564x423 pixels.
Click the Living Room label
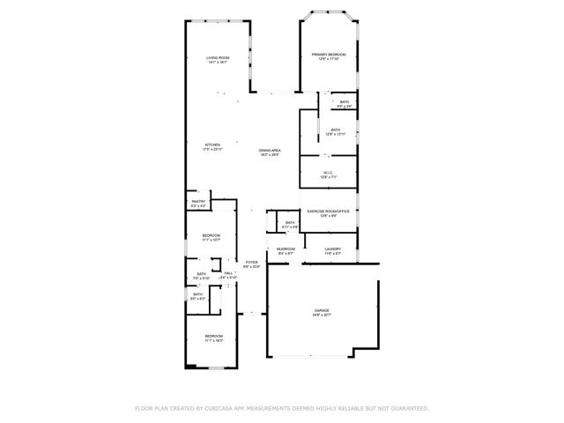[218, 58]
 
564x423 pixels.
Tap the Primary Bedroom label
[329, 55]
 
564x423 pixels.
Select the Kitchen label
[212, 145]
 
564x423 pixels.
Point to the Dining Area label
[270, 151]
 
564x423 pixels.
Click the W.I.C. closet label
[329, 172]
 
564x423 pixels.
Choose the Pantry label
[198, 202]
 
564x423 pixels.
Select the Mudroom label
[285, 249]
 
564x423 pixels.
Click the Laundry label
[332, 249]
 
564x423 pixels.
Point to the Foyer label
[252, 262]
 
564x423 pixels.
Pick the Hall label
[228, 273]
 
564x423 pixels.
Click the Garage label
[323, 311]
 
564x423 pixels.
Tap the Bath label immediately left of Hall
[202, 274]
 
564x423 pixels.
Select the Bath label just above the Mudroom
[289, 223]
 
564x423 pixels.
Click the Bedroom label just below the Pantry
[211, 234]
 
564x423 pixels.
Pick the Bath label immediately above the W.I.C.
[336, 130]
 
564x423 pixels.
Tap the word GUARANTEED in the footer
[408, 409]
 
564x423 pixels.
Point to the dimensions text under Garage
[323, 315]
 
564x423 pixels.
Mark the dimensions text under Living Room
[218, 63]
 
